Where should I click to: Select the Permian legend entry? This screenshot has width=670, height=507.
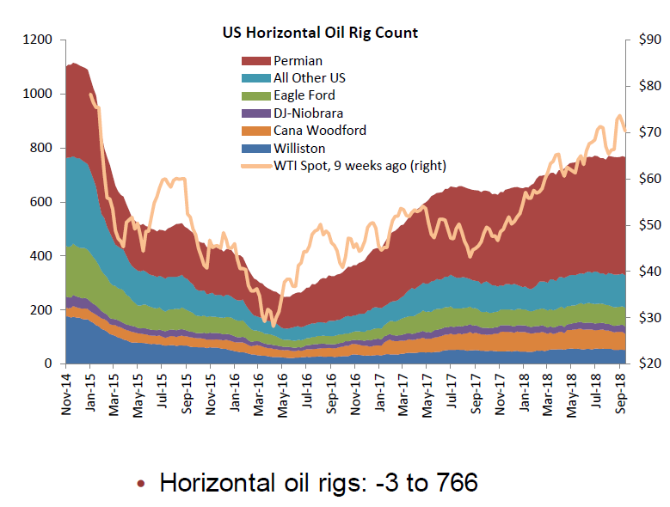pyautogui.click(x=298, y=60)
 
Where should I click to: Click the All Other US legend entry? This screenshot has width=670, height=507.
pyautogui.click(x=309, y=77)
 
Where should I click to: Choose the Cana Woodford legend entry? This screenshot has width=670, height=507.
pyautogui.click(x=319, y=131)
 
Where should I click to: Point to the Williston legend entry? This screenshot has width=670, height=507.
pyautogui.click(x=300, y=148)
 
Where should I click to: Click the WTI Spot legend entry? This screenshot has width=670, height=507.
pyautogui.click(x=360, y=165)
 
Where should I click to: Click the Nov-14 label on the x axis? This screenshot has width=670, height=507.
pyautogui.click(x=66, y=394)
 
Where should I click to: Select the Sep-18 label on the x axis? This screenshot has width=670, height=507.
pyautogui.click(x=620, y=394)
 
